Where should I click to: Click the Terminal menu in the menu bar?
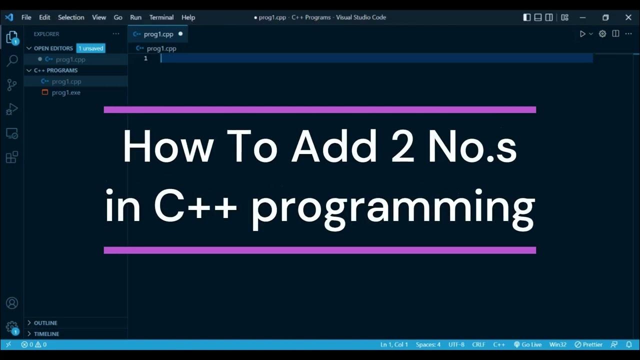point(161,17)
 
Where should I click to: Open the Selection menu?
point(71,17)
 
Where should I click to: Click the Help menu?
point(188,17)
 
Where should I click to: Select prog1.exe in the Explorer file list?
point(65,92)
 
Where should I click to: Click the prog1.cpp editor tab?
point(158,34)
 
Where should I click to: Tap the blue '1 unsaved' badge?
point(90,48)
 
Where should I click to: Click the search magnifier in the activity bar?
point(12,61)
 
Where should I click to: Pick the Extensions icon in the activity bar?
point(11,157)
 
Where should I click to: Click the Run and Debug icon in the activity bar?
point(11,109)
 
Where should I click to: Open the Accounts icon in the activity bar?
point(11,303)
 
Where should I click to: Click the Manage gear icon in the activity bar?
point(11,326)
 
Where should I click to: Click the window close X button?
point(628,17)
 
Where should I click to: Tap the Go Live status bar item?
point(527,344)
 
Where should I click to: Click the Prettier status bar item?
point(588,344)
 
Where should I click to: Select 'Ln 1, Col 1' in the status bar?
point(394,344)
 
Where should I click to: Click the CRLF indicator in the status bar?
point(478,344)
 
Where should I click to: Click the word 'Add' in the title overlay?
point(334,147)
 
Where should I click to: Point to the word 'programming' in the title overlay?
point(392,207)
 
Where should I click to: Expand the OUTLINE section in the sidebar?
point(45,323)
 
